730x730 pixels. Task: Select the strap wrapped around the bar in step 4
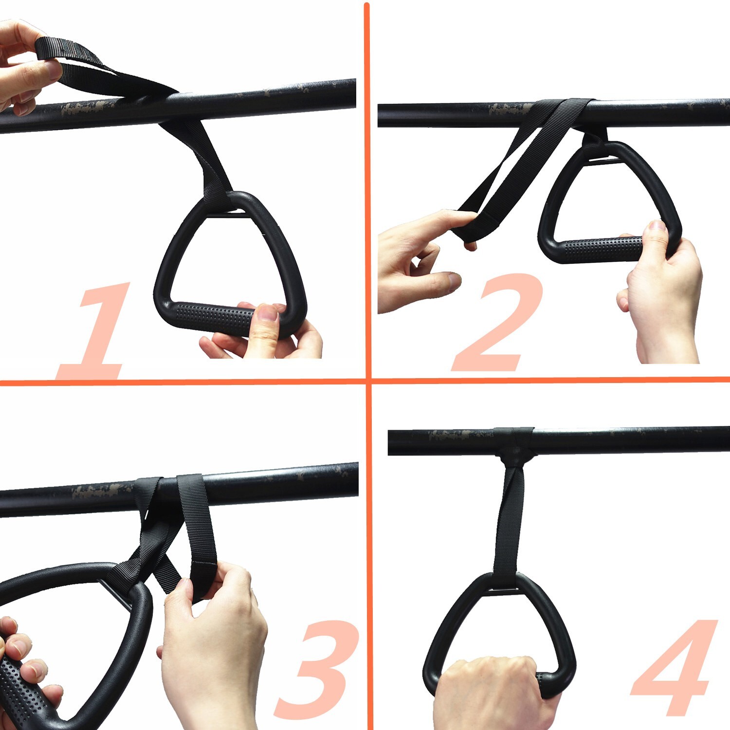click(x=513, y=440)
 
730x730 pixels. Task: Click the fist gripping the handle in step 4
click(x=492, y=691)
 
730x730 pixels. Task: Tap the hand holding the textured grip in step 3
click(x=24, y=672)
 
